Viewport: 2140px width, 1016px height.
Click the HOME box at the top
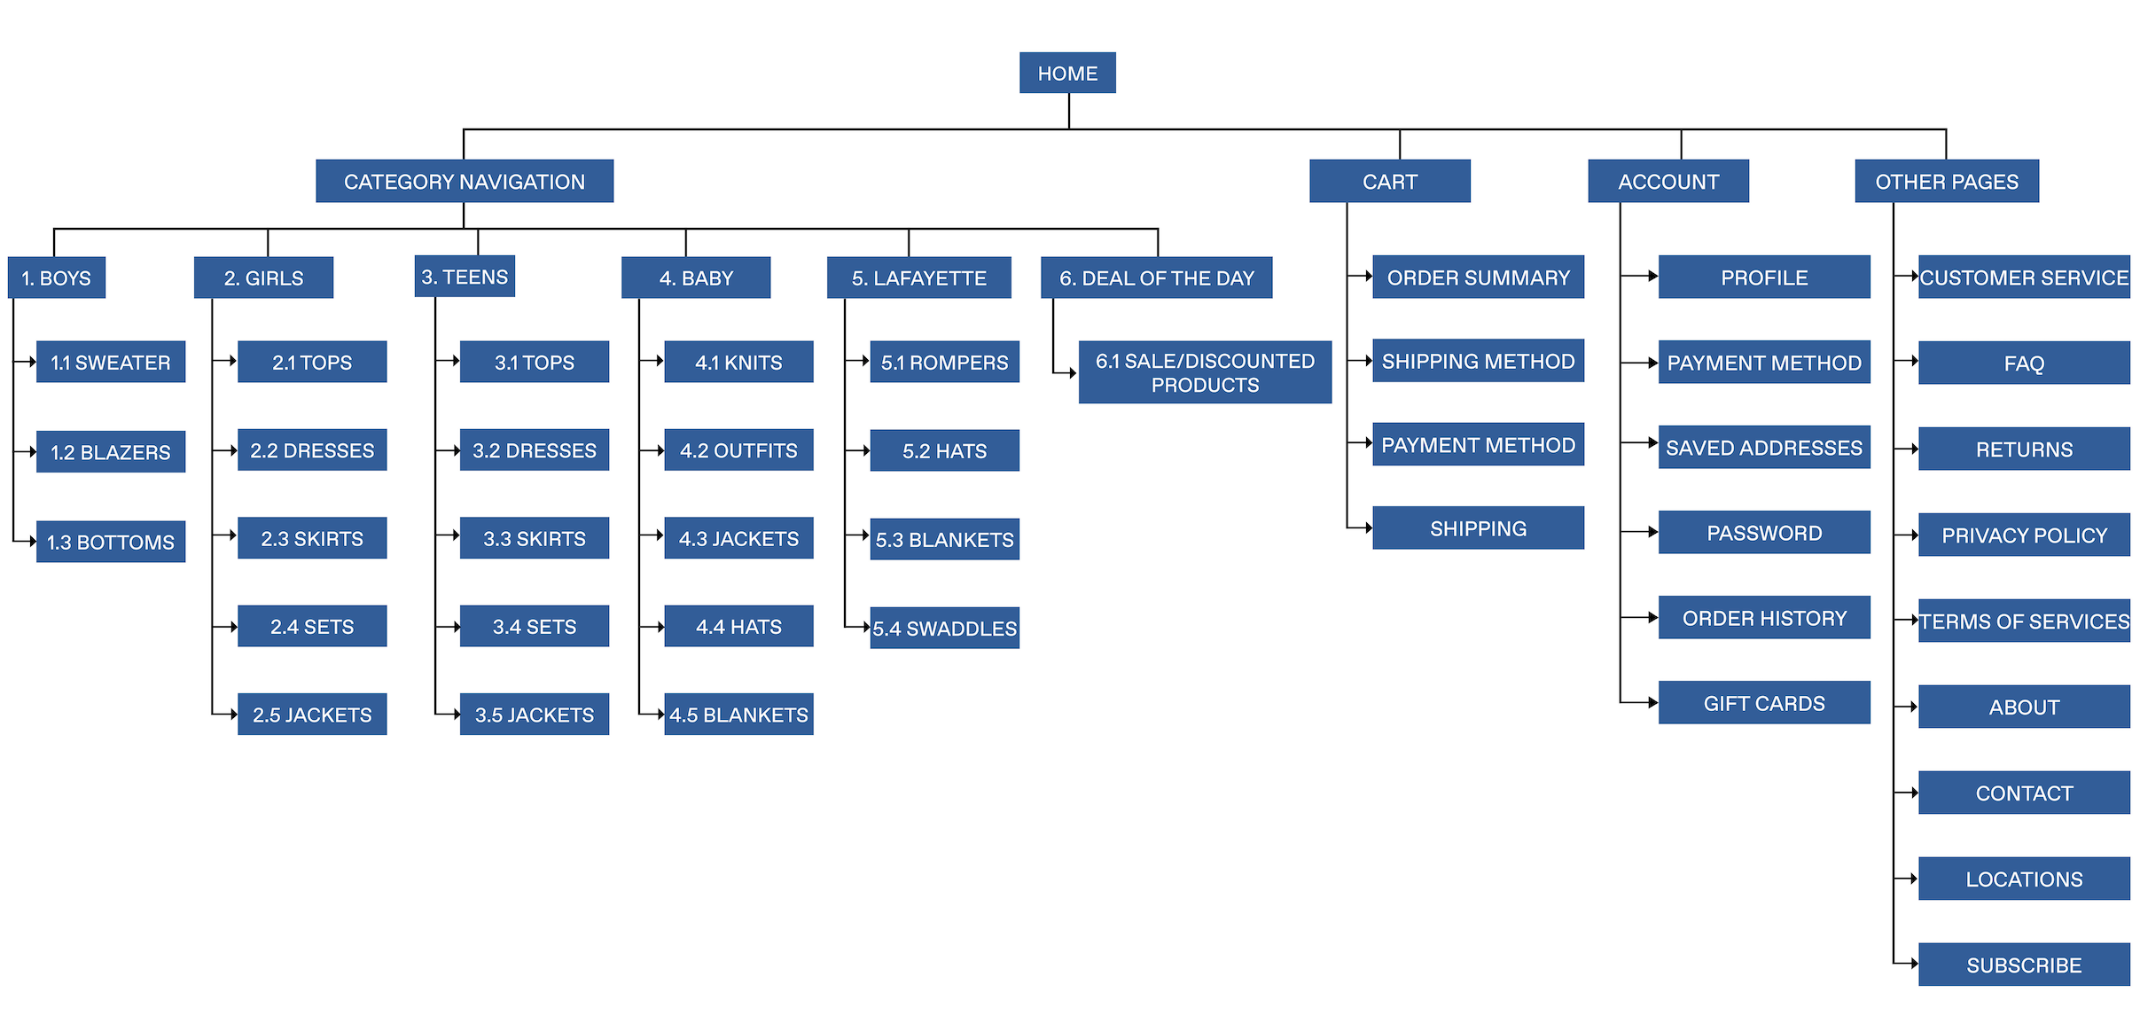point(1067,73)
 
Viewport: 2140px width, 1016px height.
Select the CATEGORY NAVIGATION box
point(464,181)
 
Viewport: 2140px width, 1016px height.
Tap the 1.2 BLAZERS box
point(110,451)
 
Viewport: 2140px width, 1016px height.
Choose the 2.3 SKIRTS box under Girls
point(312,538)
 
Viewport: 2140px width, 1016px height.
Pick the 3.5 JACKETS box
point(534,715)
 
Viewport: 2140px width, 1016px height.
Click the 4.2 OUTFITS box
point(738,450)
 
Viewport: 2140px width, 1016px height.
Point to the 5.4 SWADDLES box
point(944,629)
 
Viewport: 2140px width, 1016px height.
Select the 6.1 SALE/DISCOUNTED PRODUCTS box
point(1205,372)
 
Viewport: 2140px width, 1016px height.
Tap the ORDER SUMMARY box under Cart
point(1478,277)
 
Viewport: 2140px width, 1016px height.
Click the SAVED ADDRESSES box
point(1764,447)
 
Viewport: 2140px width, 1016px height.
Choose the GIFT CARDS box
point(1764,703)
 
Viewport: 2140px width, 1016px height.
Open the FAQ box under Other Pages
point(2024,363)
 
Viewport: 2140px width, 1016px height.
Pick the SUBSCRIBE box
point(2024,965)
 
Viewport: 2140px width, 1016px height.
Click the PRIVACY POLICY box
point(2024,535)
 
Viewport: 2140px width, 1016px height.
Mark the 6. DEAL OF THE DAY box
point(1156,277)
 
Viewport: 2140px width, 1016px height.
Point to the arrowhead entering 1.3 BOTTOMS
point(32,541)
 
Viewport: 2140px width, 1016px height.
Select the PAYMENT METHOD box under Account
point(1764,363)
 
